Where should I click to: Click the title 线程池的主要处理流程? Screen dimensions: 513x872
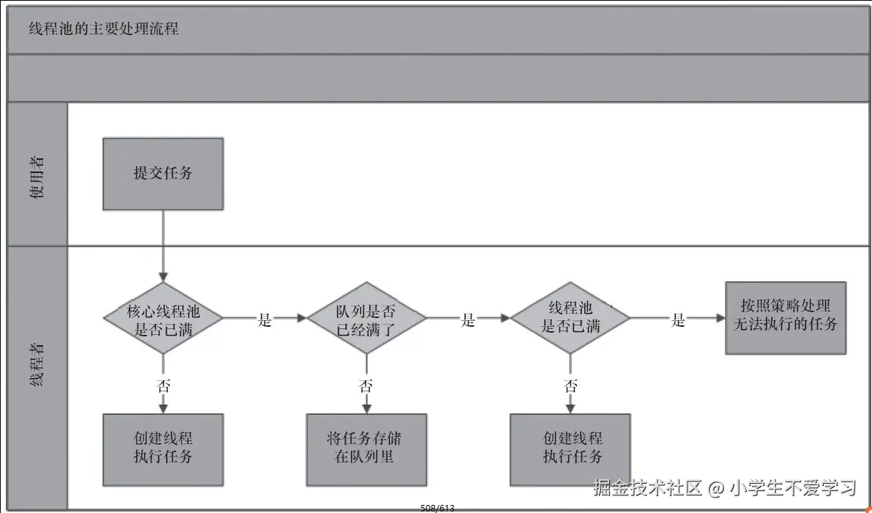coord(103,30)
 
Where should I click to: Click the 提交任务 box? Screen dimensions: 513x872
coord(163,174)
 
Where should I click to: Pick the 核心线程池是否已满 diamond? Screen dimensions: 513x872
coord(163,319)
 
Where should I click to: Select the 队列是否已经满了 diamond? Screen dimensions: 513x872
coord(366,319)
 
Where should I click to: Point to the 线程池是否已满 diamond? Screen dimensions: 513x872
coord(570,319)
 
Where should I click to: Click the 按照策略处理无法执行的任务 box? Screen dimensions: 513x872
coord(785,317)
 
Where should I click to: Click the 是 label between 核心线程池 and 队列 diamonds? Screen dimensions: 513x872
coord(265,320)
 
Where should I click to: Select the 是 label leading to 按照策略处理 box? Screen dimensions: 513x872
coord(679,320)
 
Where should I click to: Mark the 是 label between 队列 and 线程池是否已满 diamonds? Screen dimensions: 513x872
coord(469,320)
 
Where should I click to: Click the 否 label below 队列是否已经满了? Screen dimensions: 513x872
coord(366,386)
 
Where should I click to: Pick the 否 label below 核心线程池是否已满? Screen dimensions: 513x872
coord(163,386)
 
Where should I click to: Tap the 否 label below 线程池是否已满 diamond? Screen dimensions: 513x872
coord(570,386)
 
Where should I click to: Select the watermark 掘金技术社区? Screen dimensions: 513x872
coord(647,487)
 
